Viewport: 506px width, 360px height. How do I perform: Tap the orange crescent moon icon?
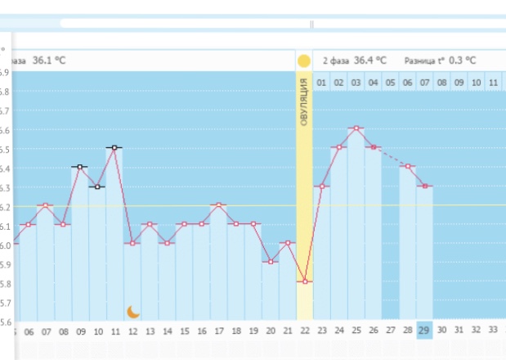pyautogui.click(x=134, y=311)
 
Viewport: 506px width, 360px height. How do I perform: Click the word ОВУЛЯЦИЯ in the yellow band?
pyautogui.click(x=304, y=101)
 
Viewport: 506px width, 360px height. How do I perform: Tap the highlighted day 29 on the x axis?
pyautogui.click(x=424, y=331)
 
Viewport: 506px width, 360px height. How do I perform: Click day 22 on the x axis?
pyautogui.click(x=304, y=331)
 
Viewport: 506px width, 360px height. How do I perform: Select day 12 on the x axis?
pyautogui.click(x=132, y=331)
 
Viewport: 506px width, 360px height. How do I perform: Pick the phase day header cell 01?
pyautogui.click(x=322, y=83)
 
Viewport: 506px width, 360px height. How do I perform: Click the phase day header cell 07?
pyautogui.click(x=424, y=83)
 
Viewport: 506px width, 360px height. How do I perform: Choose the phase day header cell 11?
pyautogui.click(x=493, y=83)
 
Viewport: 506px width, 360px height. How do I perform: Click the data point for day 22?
pyautogui.click(x=304, y=281)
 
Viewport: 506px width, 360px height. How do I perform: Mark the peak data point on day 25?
pyautogui.click(x=356, y=128)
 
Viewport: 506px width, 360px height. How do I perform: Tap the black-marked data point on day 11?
pyautogui.click(x=115, y=147)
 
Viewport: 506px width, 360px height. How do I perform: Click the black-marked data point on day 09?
pyautogui.click(x=80, y=167)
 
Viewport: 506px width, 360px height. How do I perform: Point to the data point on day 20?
pyautogui.click(x=270, y=262)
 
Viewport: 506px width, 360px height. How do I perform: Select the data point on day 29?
pyautogui.click(x=424, y=186)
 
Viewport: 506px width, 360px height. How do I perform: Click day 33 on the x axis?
pyautogui.click(x=493, y=331)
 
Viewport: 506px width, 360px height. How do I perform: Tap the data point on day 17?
pyautogui.click(x=218, y=205)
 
